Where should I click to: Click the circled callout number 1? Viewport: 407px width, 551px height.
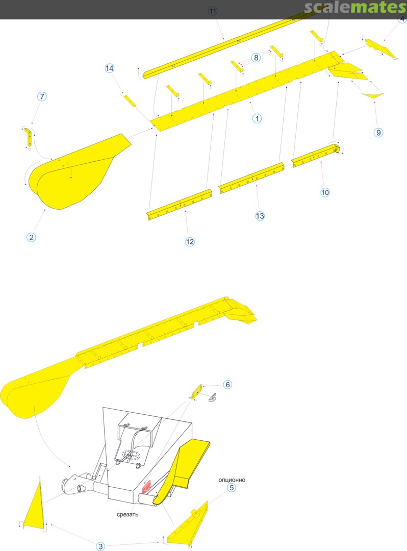[x=257, y=118]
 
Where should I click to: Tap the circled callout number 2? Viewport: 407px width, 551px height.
[x=31, y=237]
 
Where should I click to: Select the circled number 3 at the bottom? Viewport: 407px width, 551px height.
[x=101, y=546]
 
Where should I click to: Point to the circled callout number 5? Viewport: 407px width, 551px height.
[x=232, y=488]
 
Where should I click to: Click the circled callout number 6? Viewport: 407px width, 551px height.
[x=227, y=385]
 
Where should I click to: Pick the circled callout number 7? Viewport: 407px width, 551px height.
[x=42, y=96]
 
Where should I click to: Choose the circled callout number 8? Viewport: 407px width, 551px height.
[x=256, y=57]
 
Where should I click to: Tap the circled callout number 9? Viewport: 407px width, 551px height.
[x=378, y=133]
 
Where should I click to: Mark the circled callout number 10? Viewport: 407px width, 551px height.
[x=325, y=192]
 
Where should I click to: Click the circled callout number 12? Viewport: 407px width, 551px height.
[x=190, y=241]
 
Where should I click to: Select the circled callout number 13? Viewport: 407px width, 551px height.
[x=260, y=216]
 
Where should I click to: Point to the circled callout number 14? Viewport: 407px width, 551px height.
[x=110, y=68]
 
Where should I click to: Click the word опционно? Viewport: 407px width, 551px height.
[x=232, y=480]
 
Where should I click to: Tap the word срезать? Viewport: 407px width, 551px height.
[x=128, y=514]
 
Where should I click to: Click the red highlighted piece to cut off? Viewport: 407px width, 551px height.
[x=146, y=486]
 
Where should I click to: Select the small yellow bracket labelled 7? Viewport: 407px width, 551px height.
[x=28, y=137]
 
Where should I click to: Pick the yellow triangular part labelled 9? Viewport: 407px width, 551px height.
[x=373, y=95]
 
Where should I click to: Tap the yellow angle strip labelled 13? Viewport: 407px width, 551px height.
[x=251, y=178]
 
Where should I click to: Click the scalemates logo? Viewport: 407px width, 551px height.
[x=355, y=7]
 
